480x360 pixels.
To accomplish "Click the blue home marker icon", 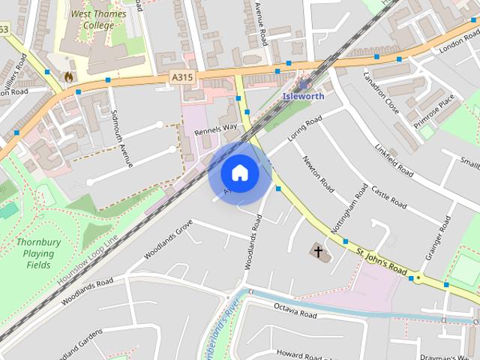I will [239, 173].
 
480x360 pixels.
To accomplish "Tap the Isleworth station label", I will [303, 96].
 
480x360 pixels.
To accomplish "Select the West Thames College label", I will [98, 19].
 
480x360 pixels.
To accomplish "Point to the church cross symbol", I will [319, 251].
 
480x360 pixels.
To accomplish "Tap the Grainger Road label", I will [437, 238].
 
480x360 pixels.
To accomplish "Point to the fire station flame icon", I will [69, 76].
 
